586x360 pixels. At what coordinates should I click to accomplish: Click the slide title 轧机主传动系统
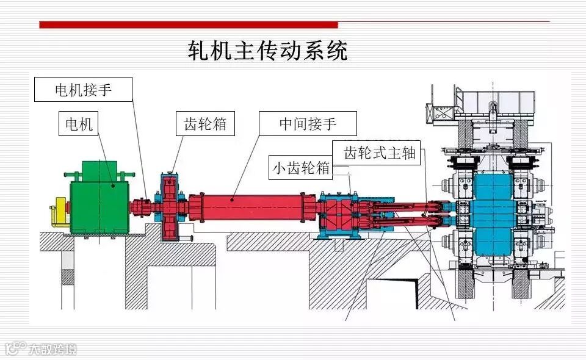click(267, 51)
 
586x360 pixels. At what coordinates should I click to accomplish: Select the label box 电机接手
click(84, 90)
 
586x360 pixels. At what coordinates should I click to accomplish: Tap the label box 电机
click(79, 124)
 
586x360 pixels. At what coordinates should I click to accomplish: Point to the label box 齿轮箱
click(205, 124)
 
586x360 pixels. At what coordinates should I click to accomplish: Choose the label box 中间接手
click(308, 124)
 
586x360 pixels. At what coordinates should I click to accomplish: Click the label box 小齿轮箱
click(301, 168)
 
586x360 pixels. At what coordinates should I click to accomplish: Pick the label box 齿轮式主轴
click(379, 153)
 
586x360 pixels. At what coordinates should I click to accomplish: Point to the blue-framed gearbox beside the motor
click(170, 207)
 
